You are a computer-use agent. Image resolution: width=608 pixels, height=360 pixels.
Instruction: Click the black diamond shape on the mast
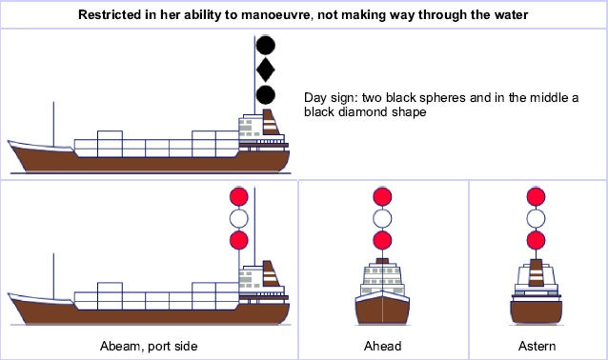tap(266, 70)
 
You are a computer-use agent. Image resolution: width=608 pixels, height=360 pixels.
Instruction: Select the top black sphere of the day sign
tap(266, 45)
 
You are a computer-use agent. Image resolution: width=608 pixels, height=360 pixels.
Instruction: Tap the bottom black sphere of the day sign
tap(266, 93)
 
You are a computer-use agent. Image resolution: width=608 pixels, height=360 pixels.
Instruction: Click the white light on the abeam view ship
tap(238, 218)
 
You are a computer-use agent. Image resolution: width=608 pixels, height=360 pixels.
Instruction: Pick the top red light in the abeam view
tap(238, 197)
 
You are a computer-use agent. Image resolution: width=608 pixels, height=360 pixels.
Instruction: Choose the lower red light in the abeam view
tap(238, 239)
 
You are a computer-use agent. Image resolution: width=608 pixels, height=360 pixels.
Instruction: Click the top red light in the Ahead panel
tap(382, 197)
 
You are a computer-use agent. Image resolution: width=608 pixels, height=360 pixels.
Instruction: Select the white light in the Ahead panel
tap(382, 218)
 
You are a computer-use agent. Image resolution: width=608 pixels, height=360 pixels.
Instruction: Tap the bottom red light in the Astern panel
tap(536, 239)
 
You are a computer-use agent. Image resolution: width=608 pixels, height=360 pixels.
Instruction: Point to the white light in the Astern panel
tap(536, 218)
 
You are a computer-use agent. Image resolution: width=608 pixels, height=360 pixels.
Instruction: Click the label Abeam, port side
tap(150, 345)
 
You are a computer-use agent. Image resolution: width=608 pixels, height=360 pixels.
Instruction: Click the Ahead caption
tap(382, 345)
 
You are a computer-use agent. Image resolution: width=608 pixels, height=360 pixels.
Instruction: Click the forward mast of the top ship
tap(54, 118)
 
